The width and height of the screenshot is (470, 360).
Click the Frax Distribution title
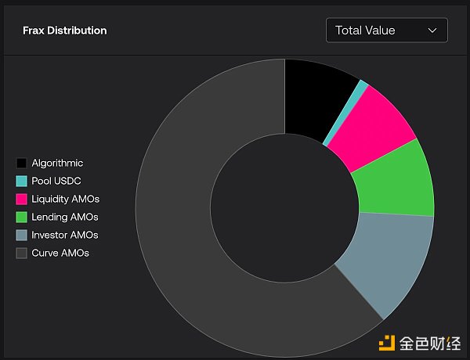(x=65, y=31)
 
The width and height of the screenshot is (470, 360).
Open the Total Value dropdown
(x=386, y=31)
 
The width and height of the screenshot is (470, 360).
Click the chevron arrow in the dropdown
(x=432, y=31)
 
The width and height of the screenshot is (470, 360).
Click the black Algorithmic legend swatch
(x=22, y=164)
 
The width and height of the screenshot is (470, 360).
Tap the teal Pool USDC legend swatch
(x=22, y=182)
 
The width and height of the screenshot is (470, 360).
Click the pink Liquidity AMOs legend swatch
(x=22, y=200)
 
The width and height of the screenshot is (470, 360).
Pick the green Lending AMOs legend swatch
(x=22, y=218)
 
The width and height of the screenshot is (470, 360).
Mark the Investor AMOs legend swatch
(x=22, y=236)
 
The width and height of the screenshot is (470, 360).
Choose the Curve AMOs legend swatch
(x=22, y=254)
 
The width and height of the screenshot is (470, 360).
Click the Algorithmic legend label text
(x=57, y=164)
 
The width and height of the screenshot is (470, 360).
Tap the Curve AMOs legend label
(x=60, y=254)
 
